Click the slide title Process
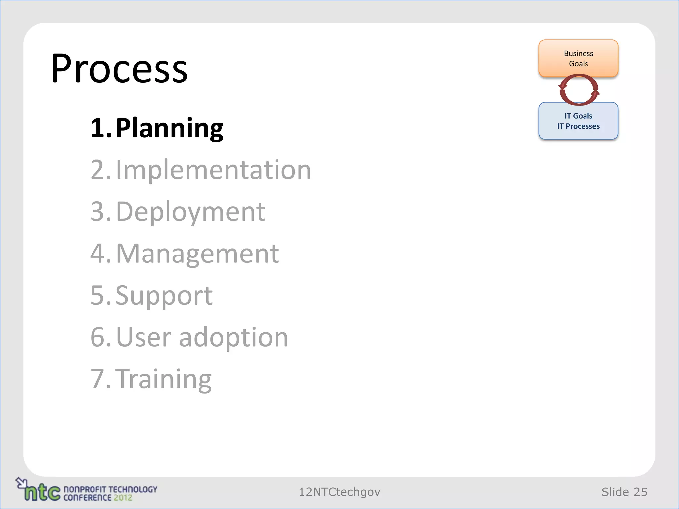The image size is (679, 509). (x=119, y=69)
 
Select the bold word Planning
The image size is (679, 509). (x=169, y=128)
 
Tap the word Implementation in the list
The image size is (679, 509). (x=213, y=170)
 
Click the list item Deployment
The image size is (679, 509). (x=190, y=212)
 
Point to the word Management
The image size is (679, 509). (x=197, y=254)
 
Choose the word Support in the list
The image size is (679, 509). (x=164, y=295)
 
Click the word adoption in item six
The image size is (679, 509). (x=234, y=337)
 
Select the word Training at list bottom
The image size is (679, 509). (x=165, y=379)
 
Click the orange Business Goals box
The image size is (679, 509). (x=578, y=58)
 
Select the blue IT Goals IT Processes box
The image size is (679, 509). (x=578, y=121)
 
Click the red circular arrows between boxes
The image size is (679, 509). (x=579, y=90)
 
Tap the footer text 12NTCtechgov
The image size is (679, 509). (x=339, y=492)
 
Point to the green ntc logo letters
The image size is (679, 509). (x=42, y=492)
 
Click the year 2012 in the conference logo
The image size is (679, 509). (x=123, y=497)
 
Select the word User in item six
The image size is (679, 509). (x=144, y=337)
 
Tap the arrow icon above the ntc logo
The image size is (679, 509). (x=21, y=482)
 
